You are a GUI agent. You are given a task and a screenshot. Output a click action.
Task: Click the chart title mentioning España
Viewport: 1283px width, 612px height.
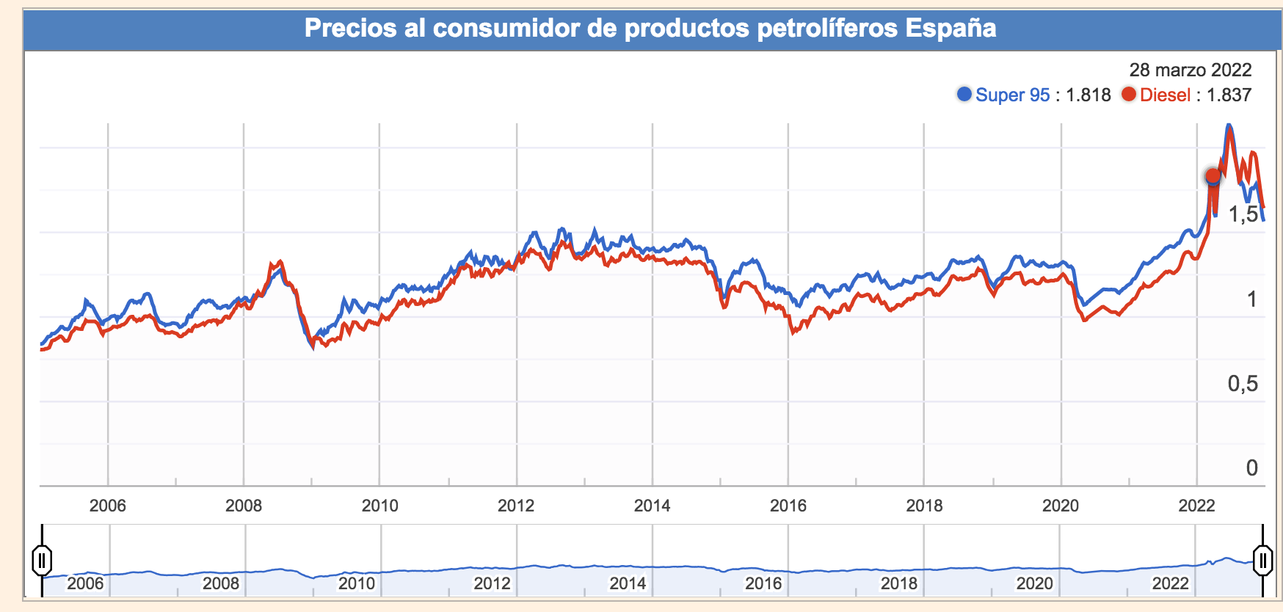(x=650, y=29)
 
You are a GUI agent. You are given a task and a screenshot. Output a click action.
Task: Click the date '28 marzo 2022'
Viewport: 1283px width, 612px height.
(x=1190, y=70)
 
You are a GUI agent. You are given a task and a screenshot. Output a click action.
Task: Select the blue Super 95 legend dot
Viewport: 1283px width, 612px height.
(x=964, y=94)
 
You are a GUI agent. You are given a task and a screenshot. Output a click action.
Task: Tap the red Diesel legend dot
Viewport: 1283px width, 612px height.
(x=1129, y=94)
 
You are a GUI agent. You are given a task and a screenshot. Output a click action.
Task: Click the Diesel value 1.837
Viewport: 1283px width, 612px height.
(x=1229, y=95)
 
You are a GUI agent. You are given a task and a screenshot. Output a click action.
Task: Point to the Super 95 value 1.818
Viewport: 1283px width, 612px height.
(x=1088, y=95)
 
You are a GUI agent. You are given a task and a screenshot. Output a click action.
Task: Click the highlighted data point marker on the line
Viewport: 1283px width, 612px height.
(x=1213, y=177)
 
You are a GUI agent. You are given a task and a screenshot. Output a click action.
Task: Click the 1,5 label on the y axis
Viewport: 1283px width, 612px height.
(x=1243, y=214)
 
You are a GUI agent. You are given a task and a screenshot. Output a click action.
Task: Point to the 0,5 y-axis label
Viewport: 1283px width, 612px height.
(x=1243, y=383)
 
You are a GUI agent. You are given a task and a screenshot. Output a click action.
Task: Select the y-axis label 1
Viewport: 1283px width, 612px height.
(x=1251, y=299)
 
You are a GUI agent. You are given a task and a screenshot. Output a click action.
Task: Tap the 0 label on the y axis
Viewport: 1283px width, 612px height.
(x=1251, y=467)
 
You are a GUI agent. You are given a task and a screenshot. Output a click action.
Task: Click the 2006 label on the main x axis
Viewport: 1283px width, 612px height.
(x=107, y=506)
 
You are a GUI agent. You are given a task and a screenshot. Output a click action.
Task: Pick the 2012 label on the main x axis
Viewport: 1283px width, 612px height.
(x=516, y=506)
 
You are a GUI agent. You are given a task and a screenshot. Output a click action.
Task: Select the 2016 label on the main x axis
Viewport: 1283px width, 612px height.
(x=788, y=506)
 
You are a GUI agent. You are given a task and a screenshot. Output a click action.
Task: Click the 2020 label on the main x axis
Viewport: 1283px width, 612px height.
(x=1061, y=506)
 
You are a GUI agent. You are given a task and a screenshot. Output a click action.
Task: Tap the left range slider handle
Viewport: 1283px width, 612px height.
(x=42, y=561)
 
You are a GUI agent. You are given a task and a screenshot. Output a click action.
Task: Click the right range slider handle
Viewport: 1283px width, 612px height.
(x=1262, y=561)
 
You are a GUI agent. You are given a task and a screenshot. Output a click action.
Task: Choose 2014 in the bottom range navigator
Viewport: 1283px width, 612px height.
(x=628, y=583)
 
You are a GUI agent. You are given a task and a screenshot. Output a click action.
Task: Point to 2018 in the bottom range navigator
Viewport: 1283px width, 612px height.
(x=899, y=583)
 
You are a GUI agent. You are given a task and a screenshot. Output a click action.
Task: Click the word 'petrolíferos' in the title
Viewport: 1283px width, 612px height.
(x=826, y=29)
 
